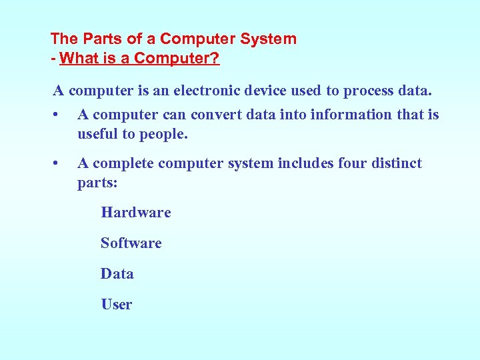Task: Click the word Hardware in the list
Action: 135,213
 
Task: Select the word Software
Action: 131,243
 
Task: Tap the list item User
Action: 116,305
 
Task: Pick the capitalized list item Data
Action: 117,274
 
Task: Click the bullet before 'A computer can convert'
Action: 57,115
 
